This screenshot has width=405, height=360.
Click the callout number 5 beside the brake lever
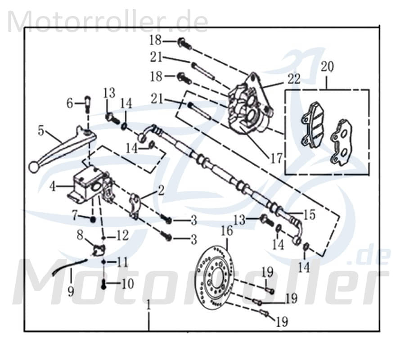pos(41,131)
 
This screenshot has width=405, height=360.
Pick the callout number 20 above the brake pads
pos(327,67)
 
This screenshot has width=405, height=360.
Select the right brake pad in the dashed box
pos(341,142)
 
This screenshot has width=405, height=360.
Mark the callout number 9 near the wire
pos(71,292)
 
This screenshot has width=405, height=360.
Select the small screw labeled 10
pos(103,284)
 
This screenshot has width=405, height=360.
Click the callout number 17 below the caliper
pos(276,158)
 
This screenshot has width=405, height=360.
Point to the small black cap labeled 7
pos(92,219)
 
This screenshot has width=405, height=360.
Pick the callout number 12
pos(122,235)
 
